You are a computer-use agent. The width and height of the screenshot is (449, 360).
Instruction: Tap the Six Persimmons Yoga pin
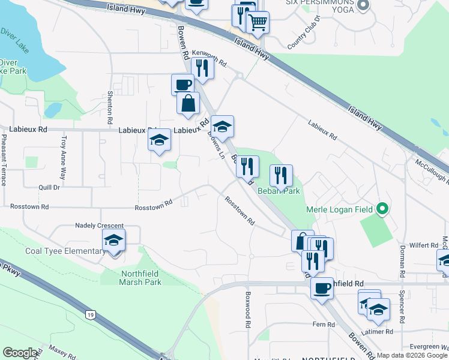362,6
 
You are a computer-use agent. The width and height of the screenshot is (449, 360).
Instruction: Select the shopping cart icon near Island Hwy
258,23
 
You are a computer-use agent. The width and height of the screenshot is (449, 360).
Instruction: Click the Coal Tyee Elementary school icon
113,241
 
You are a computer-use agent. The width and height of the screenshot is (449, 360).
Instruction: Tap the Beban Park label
279,191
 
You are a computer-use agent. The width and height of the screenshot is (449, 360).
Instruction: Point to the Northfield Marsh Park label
133,277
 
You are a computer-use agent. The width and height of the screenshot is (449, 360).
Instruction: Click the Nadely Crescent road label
99,225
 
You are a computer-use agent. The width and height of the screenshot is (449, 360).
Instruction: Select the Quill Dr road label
49,187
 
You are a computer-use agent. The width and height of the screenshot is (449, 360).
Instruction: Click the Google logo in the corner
20,353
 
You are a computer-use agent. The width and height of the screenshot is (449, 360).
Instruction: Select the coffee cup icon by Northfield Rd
322,289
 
